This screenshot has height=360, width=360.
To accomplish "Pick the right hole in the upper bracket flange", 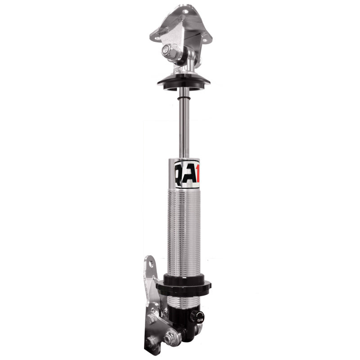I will pos(207,39).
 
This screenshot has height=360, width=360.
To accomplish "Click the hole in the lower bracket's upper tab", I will pos(149,265).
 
